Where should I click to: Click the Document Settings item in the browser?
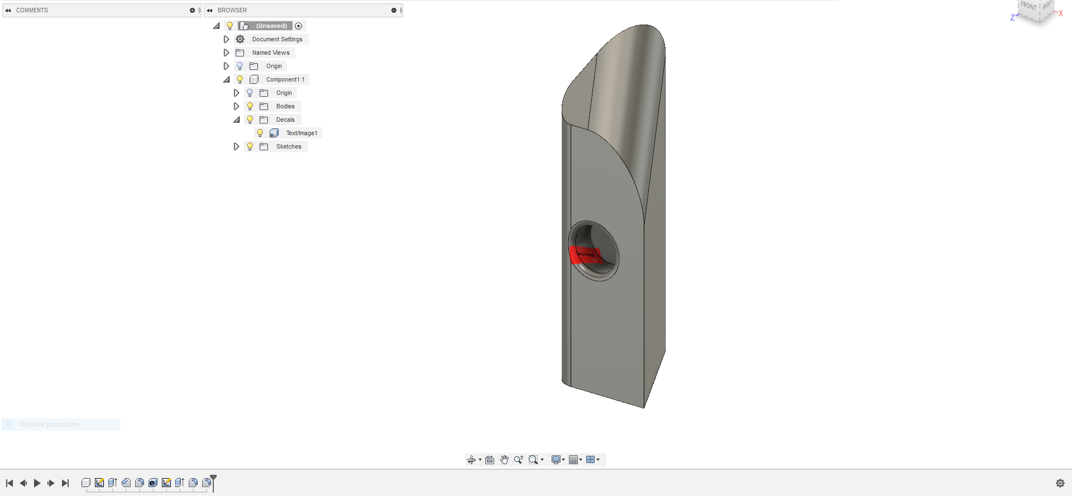(x=277, y=39)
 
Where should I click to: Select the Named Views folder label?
(x=270, y=53)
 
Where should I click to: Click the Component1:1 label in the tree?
(x=285, y=79)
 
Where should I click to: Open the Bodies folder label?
(x=285, y=106)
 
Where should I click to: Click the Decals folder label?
(x=285, y=120)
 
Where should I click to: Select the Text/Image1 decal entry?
(x=301, y=133)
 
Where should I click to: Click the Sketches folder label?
(x=288, y=146)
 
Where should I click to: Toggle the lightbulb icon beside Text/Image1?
(x=260, y=133)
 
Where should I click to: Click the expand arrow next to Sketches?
(x=236, y=146)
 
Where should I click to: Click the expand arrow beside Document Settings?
(x=226, y=39)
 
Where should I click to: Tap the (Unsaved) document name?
(x=271, y=26)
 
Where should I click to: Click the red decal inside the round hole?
(x=583, y=255)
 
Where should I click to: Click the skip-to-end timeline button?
(x=65, y=483)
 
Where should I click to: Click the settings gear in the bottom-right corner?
(x=1060, y=483)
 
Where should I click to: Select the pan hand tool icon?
(x=504, y=460)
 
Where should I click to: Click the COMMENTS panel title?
(x=32, y=10)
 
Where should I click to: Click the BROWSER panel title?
(x=232, y=10)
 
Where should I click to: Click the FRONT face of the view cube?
(x=1028, y=7)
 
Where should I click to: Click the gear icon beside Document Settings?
(x=240, y=39)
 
